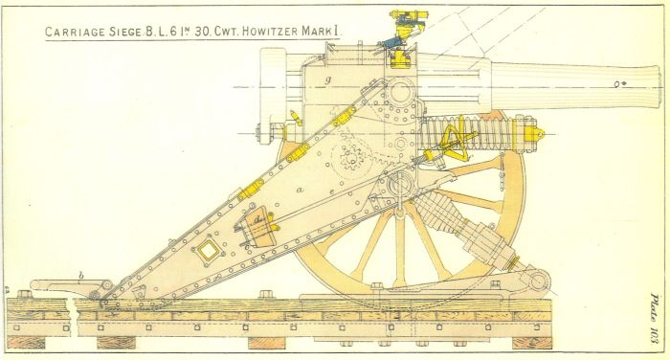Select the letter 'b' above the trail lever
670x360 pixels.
[81, 276]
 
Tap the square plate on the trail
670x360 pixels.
[203, 253]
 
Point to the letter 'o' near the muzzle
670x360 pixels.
[614, 84]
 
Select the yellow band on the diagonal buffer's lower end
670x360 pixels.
[513, 259]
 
